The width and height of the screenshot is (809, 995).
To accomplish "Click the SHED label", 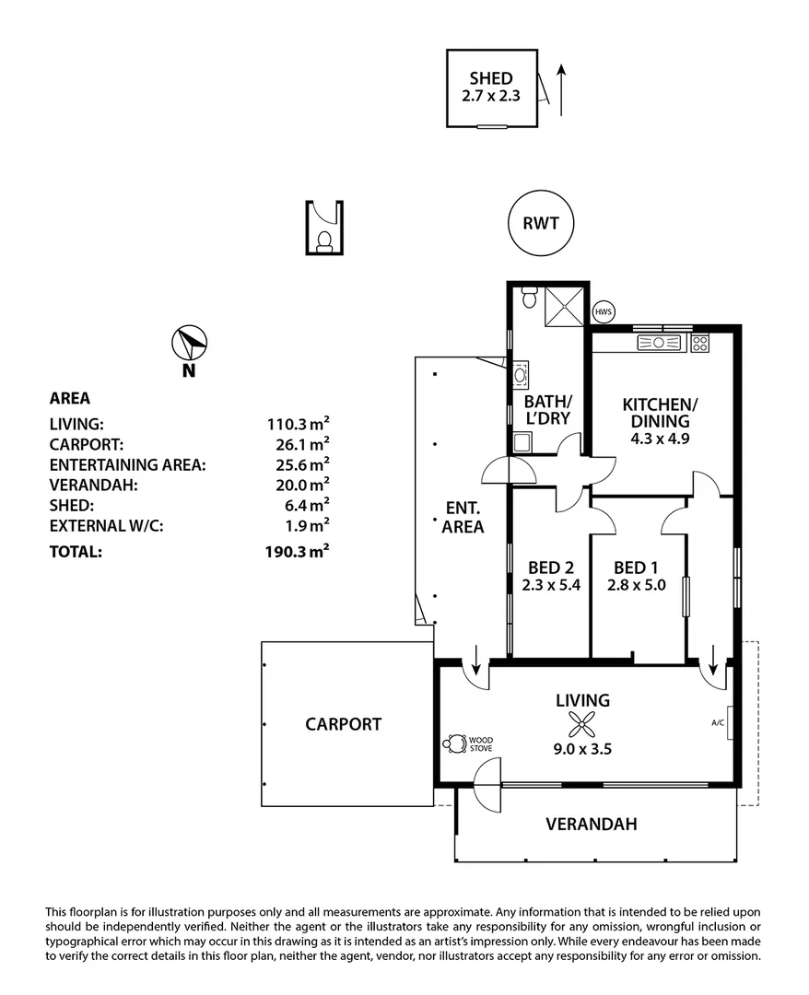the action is tap(491, 78).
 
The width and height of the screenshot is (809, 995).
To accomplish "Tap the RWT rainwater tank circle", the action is tap(541, 223).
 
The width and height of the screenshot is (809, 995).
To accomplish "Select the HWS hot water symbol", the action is tap(604, 312).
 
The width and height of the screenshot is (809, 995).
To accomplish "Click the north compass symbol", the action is tap(189, 344).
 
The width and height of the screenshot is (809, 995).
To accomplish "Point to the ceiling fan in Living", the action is tap(581, 723).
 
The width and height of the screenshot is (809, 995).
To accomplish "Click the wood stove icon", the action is tap(455, 743).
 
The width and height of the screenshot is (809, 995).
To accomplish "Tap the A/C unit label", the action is tap(718, 723).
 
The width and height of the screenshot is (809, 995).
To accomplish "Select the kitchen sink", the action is tap(659, 344).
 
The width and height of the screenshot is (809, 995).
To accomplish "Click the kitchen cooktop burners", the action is tap(700, 344).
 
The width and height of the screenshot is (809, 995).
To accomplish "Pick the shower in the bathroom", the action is tap(564, 308).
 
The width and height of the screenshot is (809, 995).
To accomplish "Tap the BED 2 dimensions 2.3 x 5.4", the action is tap(551, 585).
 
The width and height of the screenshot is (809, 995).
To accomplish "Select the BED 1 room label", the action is tap(636, 568).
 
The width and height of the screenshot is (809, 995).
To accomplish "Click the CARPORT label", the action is tap(344, 724).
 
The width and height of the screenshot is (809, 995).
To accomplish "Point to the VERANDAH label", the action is tap(592, 824).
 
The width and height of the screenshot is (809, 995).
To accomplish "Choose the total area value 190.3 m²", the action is tap(297, 551).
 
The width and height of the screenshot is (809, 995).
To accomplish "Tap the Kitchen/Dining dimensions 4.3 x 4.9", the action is tap(660, 439).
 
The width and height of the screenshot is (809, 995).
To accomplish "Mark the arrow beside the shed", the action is tap(561, 90).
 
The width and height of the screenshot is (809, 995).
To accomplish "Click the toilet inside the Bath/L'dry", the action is tap(529, 298).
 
